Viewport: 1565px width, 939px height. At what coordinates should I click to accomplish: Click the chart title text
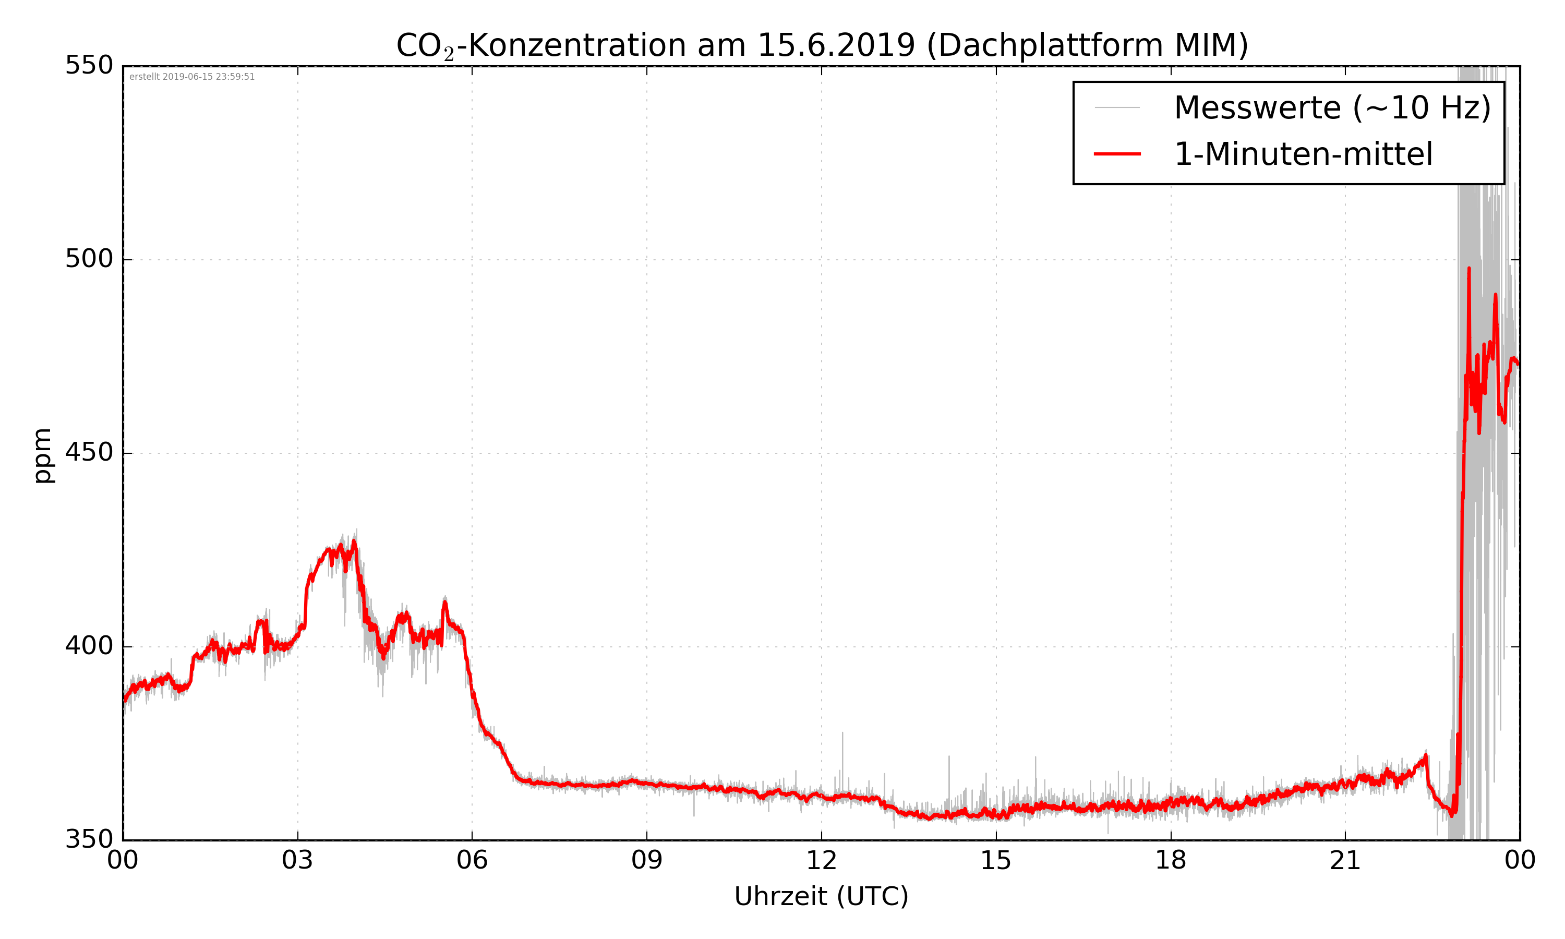(x=822, y=45)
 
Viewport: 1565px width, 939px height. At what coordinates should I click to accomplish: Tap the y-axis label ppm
(x=43, y=455)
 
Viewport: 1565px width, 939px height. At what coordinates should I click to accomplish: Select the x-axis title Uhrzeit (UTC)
(x=821, y=897)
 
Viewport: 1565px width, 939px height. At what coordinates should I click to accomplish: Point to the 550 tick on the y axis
(x=89, y=65)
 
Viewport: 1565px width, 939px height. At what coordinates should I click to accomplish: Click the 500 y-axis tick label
(x=89, y=259)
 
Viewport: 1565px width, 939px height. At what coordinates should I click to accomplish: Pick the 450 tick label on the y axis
(x=89, y=452)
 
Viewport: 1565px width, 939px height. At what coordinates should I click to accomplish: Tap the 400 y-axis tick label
(x=89, y=646)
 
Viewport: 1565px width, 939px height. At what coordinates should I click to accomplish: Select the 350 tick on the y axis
(x=89, y=840)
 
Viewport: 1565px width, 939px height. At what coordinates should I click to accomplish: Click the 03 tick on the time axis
(x=297, y=861)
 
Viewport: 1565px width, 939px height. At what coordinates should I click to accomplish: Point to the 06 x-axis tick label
(x=472, y=861)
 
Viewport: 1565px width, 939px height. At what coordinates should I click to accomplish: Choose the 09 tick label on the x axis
(x=646, y=861)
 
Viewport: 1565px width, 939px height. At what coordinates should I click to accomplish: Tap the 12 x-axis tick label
(x=821, y=861)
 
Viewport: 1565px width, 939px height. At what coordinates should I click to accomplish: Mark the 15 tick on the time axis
(x=996, y=861)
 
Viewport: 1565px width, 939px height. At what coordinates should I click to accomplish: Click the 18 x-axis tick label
(x=1170, y=861)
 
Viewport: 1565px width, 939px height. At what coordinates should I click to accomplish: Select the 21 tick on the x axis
(x=1345, y=861)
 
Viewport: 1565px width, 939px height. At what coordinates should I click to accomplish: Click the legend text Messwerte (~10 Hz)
(x=1332, y=108)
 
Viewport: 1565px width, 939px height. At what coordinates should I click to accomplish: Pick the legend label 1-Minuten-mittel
(x=1303, y=154)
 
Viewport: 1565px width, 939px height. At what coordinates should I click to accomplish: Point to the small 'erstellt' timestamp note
(x=191, y=77)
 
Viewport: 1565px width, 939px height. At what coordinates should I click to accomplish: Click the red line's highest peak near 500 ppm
(x=1469, y=269)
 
